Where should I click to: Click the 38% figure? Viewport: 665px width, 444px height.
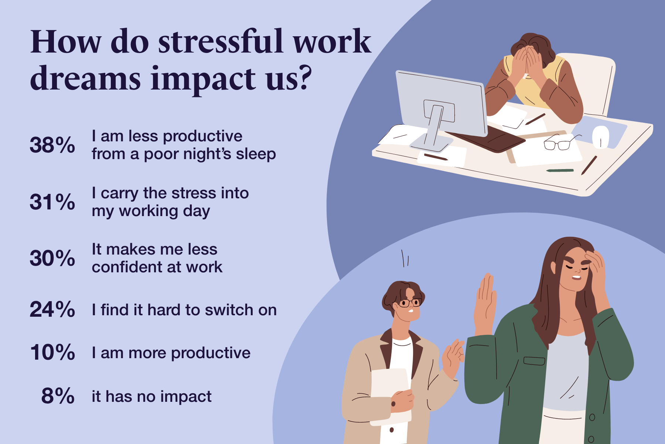(x=52, y=145)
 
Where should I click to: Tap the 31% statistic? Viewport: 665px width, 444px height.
(x=52, y=202)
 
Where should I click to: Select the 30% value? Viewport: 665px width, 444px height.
(x=52, y=258)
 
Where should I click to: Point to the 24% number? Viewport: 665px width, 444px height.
(x=52, y=309)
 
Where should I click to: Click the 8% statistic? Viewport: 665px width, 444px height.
(x=58, y=396)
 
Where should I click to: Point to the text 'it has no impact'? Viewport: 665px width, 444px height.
(x=152, y=397)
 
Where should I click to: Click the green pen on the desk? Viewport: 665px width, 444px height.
(x=560, y=171)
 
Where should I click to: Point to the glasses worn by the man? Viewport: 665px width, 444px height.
(x=410, y=303)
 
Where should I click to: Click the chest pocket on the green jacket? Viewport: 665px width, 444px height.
(x=534, y=360)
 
